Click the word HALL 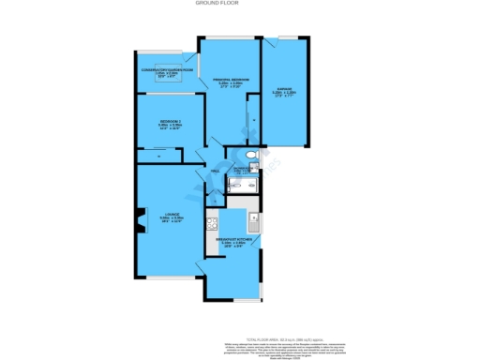(x=215, y=172)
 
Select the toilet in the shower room (x=251, y=156)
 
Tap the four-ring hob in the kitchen (x=213, y=222)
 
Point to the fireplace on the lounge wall (x=141, y=220)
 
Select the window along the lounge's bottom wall (x=170, y=277)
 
